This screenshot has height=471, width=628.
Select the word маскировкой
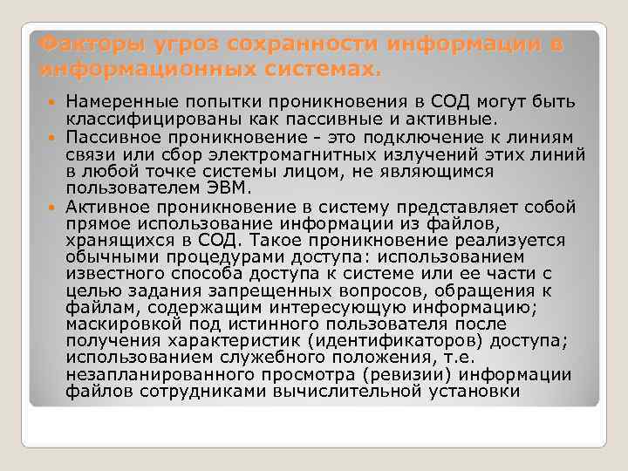coord(119,325)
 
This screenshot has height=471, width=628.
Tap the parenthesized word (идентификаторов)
coord(372,342)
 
